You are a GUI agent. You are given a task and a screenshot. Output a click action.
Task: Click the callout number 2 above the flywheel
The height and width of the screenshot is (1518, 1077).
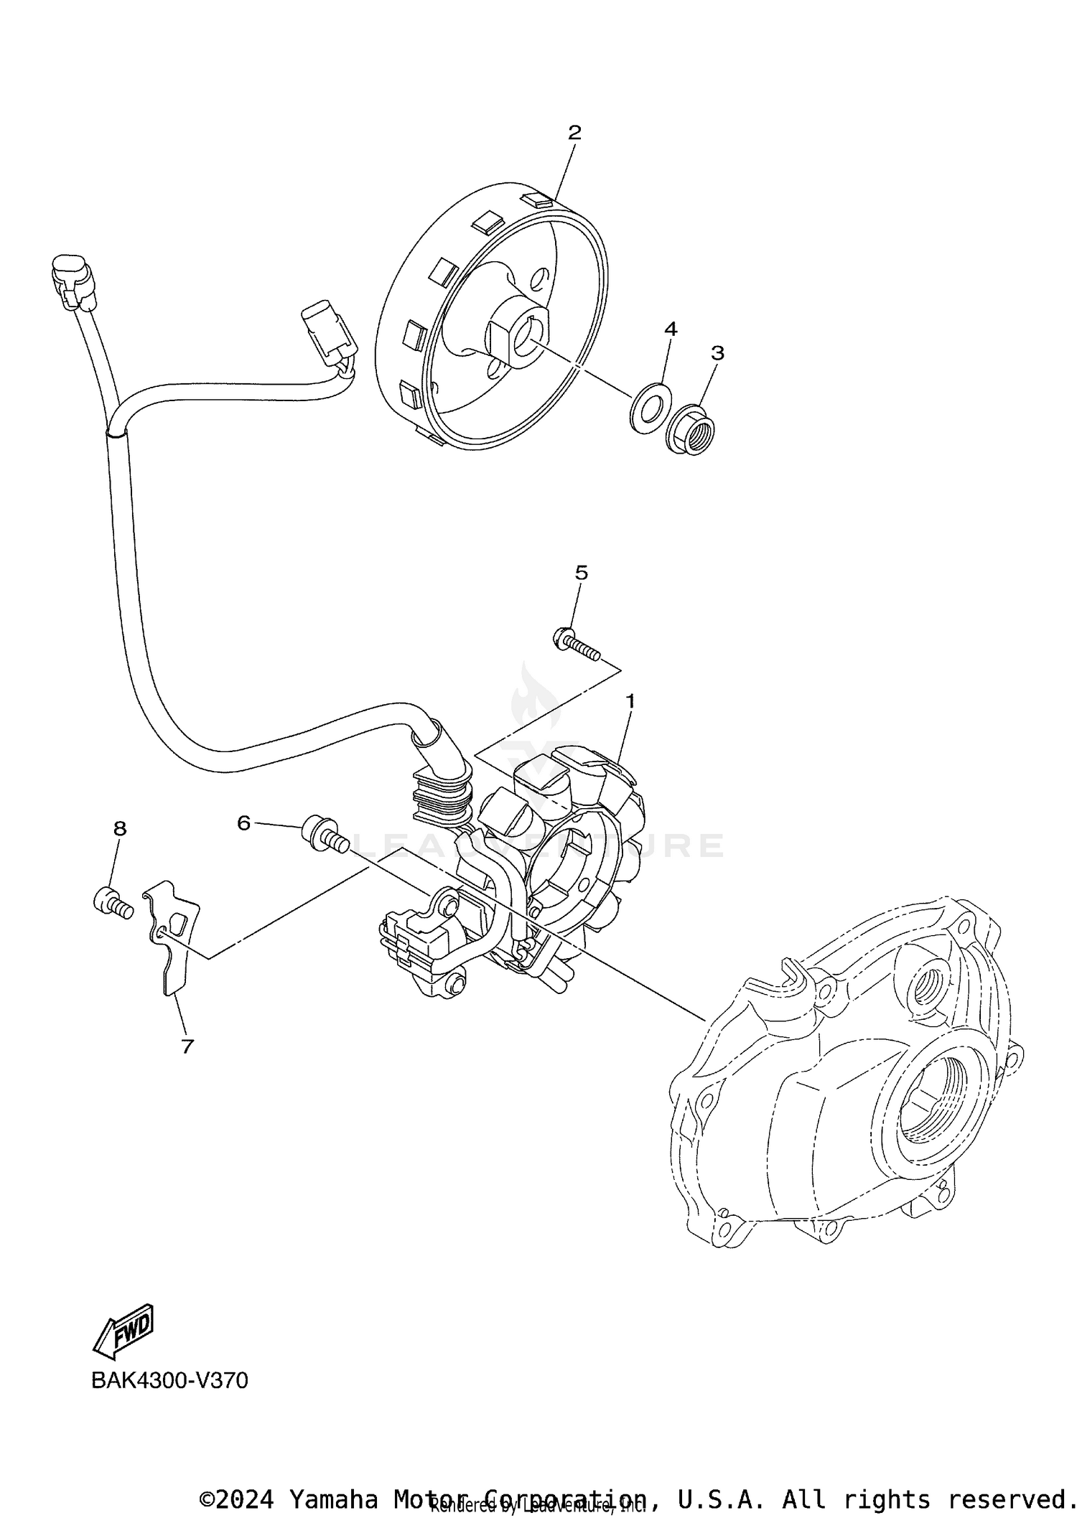click(574, 132)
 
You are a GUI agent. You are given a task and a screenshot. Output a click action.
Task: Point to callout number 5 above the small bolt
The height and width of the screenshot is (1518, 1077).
click(582, 572)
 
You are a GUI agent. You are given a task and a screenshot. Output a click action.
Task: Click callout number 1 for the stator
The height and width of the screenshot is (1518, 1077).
click(630, 701)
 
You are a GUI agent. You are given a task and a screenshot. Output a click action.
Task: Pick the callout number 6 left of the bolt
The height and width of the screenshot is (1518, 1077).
click(244, 823)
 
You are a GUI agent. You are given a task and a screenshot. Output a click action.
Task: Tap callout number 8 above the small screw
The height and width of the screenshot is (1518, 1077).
click(120, 828)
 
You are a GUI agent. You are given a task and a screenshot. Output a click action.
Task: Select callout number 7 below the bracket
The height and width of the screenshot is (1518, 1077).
click(187, 1046)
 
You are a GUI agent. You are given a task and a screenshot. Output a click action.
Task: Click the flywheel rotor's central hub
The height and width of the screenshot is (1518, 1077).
click(519, 337)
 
